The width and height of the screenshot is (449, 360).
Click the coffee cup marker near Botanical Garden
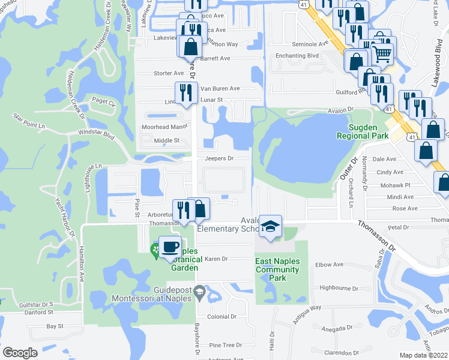click(170, 247)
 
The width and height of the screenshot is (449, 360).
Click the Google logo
click(20, 353)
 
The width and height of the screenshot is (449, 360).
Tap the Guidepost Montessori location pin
click(200, 292)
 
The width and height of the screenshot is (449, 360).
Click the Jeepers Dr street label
click(218, 158)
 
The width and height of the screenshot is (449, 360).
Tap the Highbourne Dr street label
click(339, 289)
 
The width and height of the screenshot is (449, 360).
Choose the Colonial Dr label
click(222, 316)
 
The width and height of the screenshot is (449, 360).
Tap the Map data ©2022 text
click(423, 355)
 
